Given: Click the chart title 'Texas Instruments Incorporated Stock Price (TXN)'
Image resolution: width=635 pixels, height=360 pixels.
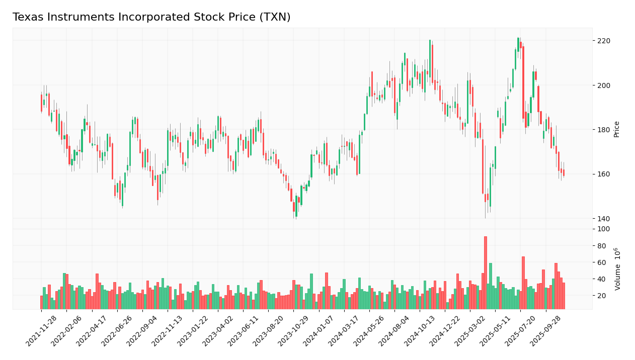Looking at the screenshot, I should (x=151, y=18).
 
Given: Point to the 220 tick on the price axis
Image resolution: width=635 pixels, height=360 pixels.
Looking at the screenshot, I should (x=603, y=41).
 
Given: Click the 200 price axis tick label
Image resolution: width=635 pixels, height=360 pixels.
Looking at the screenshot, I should (x=603, y=85).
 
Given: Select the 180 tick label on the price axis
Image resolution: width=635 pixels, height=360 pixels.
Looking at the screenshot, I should (x=603, y=130).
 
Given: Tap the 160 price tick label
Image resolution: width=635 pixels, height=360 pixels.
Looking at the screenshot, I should (x=603, y=174).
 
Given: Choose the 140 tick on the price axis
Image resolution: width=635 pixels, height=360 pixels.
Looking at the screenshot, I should (x=603, y=219).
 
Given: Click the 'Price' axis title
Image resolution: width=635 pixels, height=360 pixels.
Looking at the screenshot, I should (x=617, y=129).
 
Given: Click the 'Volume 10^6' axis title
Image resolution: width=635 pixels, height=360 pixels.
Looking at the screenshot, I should (x=617, y=269).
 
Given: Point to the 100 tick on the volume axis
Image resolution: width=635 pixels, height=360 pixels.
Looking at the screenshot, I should (x=603, y=229).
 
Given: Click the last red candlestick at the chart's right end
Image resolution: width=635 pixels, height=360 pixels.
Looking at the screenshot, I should (x=564, y=172).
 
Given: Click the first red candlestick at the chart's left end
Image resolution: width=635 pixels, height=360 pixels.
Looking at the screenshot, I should (x=41, y=103).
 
